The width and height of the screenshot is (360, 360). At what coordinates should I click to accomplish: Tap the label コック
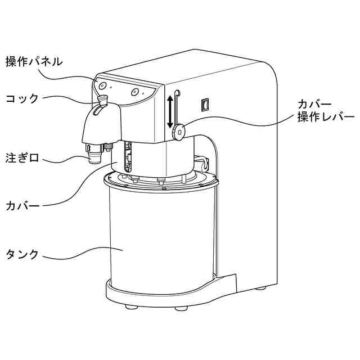click(x=22, y=98)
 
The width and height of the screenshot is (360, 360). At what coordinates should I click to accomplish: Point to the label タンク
click(x=22, y=254)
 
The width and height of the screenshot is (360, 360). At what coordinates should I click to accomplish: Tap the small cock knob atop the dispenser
click(x=102, y=101)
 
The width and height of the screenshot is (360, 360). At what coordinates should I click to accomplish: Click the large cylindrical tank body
click(x=160, y=236)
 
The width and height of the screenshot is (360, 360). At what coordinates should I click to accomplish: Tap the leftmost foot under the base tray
click(x=132, y=307)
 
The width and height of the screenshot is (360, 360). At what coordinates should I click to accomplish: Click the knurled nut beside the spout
click(x=107, y=147)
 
